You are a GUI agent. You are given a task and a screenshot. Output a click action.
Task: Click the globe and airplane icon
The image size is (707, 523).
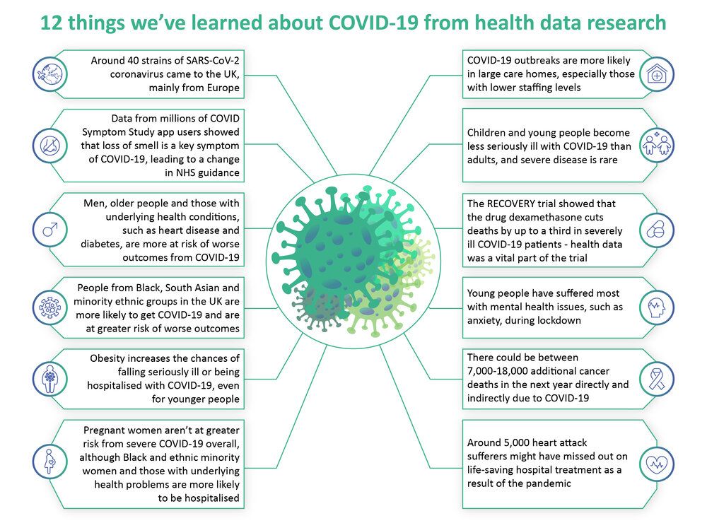click(50, 74)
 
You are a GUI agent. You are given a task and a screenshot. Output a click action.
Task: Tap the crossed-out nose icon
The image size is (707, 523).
click(50, 146)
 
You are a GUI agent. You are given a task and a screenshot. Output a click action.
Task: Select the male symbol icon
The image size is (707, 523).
click(50, 230)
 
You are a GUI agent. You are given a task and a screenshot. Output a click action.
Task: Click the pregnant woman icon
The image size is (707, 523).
click(50, 462)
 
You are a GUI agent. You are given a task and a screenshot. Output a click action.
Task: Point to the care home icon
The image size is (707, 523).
click(657, 74)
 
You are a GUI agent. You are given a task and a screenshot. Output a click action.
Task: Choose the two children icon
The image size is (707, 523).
click(657, 145)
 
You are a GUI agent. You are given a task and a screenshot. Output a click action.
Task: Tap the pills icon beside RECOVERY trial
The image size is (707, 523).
click(657, 230)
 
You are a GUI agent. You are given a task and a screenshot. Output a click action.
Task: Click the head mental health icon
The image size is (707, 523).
click(657, 307)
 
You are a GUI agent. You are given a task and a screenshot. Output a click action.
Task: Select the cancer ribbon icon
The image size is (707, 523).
click(657, 379)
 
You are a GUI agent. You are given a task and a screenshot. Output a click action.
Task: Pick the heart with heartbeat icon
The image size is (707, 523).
click(657, 464)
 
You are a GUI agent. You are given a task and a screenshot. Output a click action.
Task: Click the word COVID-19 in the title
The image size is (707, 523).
click(374, 23)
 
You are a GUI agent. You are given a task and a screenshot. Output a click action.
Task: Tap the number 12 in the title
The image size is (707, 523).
click(52, 23)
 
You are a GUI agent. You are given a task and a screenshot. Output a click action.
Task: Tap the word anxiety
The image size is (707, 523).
click(484, 321)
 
